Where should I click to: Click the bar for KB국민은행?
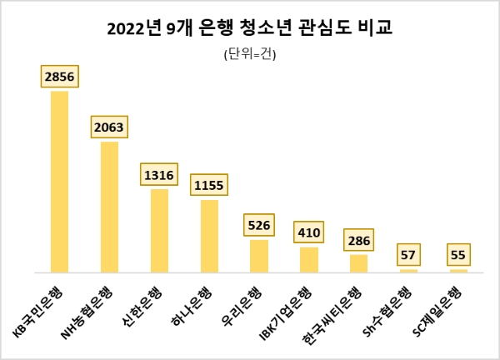(x=59, y=182)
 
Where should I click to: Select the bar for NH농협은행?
(x=109, y=207)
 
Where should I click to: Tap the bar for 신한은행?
(x=159, y=231)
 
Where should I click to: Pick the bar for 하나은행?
(x=209, y=236)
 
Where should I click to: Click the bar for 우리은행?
(x=259, y=256)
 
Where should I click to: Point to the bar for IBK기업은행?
(x=309, y=259)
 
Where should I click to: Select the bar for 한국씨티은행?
(x=358, y=263)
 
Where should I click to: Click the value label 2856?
(x=59, y=77)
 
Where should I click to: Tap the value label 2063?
(x=109, y=128)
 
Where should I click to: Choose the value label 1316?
(x=159, y=176)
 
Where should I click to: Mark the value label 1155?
(x=209, y=186)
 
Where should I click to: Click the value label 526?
(x=259, y=226)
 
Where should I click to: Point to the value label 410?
(x=309, y=233)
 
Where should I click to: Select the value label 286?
(x=358, y=242)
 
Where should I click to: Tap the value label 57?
(x=408, y=255)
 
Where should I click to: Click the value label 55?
(x=458, y=255)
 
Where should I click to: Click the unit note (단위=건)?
(x=250, y=56)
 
